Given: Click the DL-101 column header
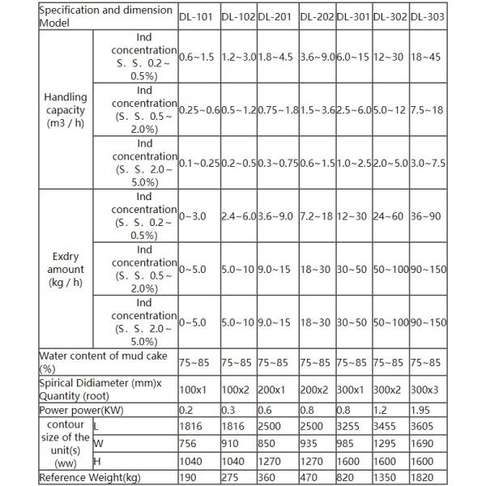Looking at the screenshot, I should [x=194, y=17].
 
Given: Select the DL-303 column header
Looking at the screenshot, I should [x=427, y=17].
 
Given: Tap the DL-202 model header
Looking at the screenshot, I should [x=314, y=17].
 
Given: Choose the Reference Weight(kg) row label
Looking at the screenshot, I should [x=87, y=478].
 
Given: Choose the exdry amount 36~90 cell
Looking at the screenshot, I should [x=427, y=216].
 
